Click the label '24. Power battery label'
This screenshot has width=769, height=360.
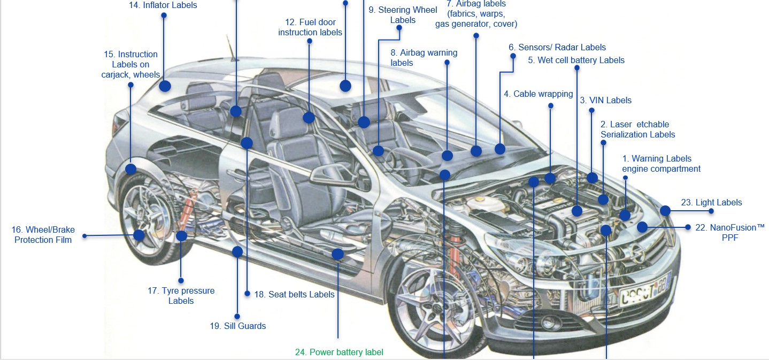tap(339, 352)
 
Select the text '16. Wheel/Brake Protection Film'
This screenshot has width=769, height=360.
tap(43, 235)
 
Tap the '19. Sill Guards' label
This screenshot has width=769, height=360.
tap(237, 326)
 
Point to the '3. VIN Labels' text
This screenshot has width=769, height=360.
tap(605, 100)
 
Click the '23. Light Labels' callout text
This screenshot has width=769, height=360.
tap(711, 202)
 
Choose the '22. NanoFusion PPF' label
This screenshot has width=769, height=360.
tap(729, 233)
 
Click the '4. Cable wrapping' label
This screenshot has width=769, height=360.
tap(537, 94)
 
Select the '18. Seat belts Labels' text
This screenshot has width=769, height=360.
tap(294, 294)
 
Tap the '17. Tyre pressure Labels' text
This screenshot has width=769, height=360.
tap(181, 296)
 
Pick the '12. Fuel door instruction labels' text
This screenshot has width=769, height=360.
tap(310, 27)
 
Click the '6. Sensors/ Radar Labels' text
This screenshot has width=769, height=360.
tap(557, 47)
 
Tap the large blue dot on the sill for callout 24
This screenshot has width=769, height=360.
tap(337, 254)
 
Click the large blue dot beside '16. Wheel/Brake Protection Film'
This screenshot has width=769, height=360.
tap(139, 235)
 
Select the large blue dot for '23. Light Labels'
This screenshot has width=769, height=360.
tap(665, 210)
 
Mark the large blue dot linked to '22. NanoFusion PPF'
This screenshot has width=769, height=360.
tap(642, 227)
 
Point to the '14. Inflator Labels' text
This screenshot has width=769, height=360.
tap(163, 5)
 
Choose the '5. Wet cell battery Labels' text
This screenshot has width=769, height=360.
tap(576, 60)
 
